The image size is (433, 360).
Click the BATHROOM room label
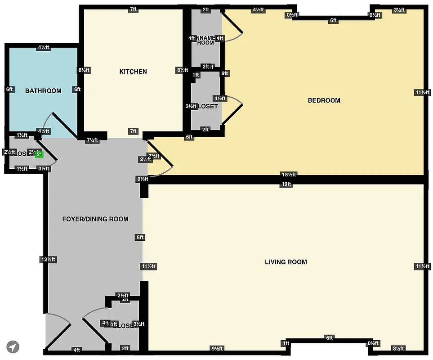pyautogui.click(x=43, y=91)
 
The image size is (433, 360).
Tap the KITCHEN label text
pyautogui.click(x=133, y=72)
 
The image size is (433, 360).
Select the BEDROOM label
pyautogui.click(x=324, y=100)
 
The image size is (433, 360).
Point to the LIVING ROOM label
pyautogui.click(x=286, y=262)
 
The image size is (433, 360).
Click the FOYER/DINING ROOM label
pyautogui.click(x=95, y=219)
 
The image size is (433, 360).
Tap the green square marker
pyautogui.click(x=39, y=154)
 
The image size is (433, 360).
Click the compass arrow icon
pyautogui.click(x=13, y=346)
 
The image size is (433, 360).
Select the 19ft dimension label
pyautogui.click(x=286, y=184)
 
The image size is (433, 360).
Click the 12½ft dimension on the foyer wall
pyautogui.click(x=48, y=259)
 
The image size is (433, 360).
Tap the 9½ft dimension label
pyautogui.click(x=217, y=348)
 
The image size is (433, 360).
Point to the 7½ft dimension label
pyautogui.click(x=92, y=139)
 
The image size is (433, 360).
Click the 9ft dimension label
pyautogui.click(x=225, y=73)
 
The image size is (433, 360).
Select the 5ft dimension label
pyautogui.click(x=189, y=137)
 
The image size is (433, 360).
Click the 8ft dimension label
pyautogui.click(x=140, y=237)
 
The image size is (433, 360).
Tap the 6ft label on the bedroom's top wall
pyautogui.click(x=334, y=20)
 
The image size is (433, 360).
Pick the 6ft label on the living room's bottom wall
pyautogui.click(x=330, y=338)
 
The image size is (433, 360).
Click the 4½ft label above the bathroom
pyautogui.click(x=44, y=48)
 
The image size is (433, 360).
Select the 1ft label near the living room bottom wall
pyautogui.click(x=286, y=344)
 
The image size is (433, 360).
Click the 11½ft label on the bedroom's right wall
pyautogui.click(x=421, y=93)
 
